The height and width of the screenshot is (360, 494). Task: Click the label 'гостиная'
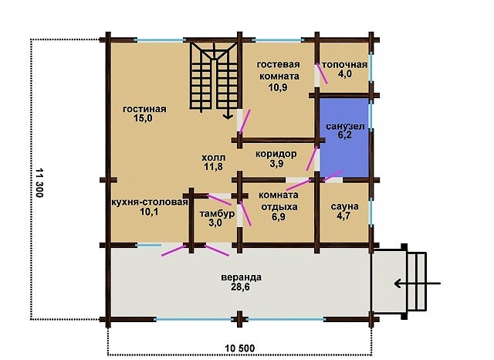coord(144,109)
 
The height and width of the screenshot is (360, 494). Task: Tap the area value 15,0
coord(143,118)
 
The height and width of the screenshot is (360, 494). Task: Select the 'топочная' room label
coord(345,65)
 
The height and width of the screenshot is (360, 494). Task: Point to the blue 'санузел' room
coord(344,138)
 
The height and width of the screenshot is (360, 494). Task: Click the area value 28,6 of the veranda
coord(240,287)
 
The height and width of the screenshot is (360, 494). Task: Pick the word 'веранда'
coord(241,277)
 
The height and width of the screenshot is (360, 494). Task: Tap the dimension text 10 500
coord(240,348)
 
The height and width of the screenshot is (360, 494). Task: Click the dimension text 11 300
coord(39,183)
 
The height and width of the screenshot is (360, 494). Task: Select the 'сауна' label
coord(344,207)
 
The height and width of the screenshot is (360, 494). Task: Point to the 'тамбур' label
coord(217,214)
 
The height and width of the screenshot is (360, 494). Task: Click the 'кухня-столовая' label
coord(150,202)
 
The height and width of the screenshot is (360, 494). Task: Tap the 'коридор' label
coord(276,155)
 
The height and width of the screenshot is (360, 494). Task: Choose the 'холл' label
coord(213,158)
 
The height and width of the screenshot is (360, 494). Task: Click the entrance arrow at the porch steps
coord(417,284)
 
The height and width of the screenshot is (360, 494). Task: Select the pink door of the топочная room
coord(322,73)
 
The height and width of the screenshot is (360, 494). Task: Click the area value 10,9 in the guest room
coord(278,87)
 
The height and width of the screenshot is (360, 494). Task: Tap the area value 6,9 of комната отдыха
coord(278,216)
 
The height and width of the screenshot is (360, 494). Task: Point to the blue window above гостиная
coord(160,40)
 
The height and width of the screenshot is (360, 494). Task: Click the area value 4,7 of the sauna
coord(344,216)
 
